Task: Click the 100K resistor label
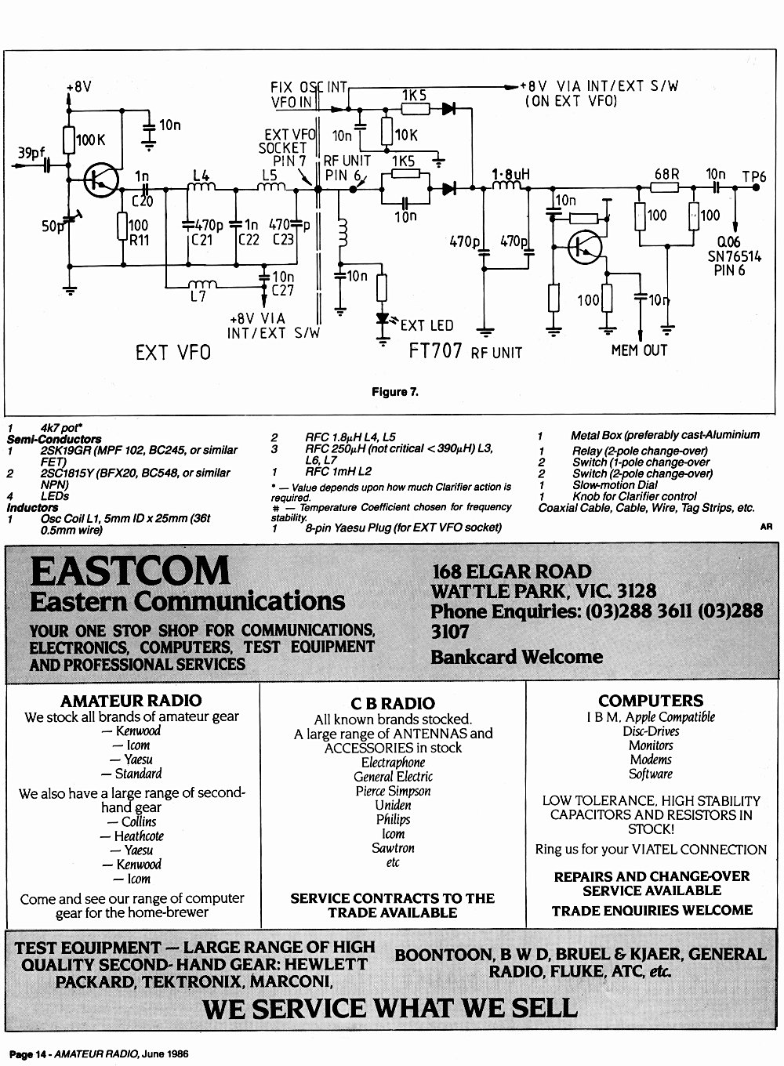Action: coord(90,140)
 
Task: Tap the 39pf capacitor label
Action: coord(31,153)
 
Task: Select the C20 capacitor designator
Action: coord(143,201)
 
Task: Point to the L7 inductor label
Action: coord(198,297)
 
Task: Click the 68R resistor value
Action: coord(667,174)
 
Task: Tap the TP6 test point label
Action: coord(754,177)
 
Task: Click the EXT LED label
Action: coord(427,325)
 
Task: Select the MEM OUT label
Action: coord(639,350)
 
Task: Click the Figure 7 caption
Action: coord(395,392)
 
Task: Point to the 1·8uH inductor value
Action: coord(510,175)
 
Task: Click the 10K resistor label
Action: coord(406,136)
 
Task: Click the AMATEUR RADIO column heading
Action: coord(131,701)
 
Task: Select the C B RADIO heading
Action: coord(393,703)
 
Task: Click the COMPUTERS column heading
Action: coord(651,701)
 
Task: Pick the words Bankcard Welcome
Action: coord(517,657)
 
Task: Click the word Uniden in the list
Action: coord(393,805)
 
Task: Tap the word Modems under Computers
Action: coord(651,760)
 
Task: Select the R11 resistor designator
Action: coord(139,240)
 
